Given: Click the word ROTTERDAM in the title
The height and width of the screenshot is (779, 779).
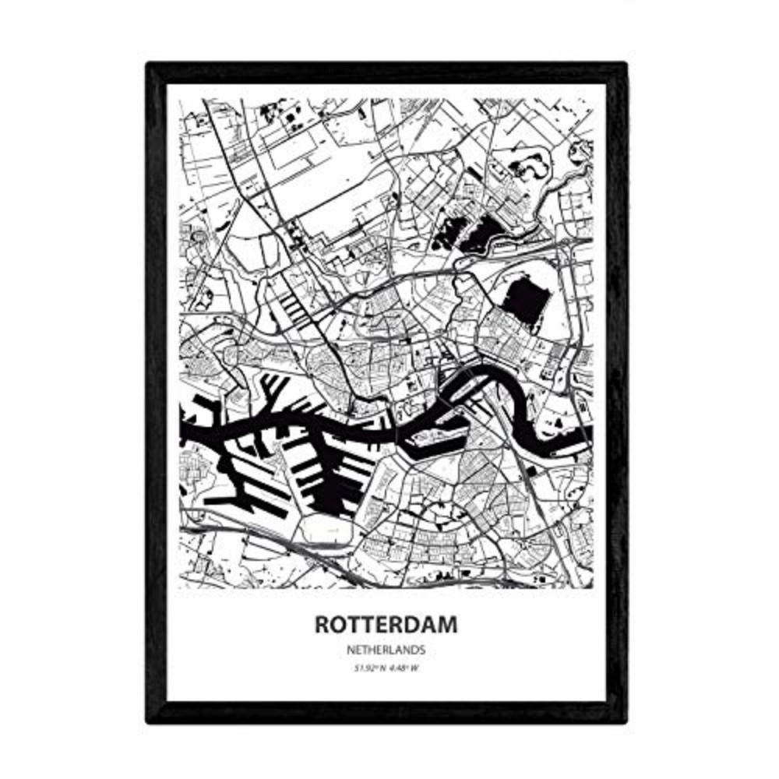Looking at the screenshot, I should coord(386,625).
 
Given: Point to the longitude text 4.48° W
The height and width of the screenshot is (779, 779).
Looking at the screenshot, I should coord(401,666).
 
